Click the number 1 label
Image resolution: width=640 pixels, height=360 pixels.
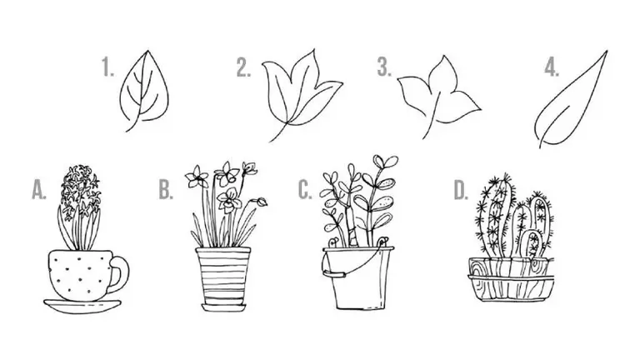click(x=107, y=67)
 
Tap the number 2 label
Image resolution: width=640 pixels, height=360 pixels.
click(x=243, y=67)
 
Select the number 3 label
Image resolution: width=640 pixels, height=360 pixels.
click(x=383, y=67)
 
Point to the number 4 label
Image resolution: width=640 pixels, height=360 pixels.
click(x=552, y=67)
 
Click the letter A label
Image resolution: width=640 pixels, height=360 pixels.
click(x=39, y=190)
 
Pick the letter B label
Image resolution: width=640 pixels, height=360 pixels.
click(x=166, y=190)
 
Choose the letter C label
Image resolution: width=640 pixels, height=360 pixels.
click(x=305, y=190)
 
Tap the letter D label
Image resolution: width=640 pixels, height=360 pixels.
click(x=461, y=190)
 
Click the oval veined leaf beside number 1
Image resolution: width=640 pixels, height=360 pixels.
click(x=144, y=87)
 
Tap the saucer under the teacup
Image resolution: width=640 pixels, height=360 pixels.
click(x=82, y=307)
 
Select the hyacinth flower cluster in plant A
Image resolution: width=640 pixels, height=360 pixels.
click(x=80, y=190)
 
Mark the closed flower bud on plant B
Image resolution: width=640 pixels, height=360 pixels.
click(x=261, y=202)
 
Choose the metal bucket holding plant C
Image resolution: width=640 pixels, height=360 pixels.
click(x=358, y=277)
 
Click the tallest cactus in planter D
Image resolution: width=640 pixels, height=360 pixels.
click(x=494, y=214)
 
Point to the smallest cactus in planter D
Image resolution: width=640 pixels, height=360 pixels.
click(x=531, y=244)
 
